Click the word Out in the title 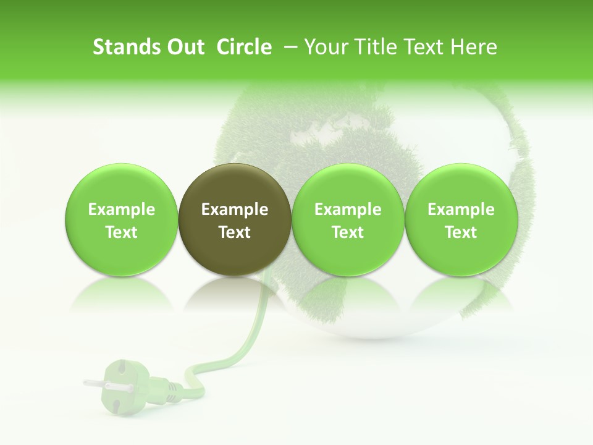tap(183, 47)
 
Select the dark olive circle tap(235, 219)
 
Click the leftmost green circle tap(122, 219)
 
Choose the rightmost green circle tap(461, 219)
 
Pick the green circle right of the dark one tap(348, 219)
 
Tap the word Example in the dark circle tap(235, 210)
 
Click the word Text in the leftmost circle tap(122, 232)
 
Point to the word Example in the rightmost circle tap(461, 210)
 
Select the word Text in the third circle tap(348, 232)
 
